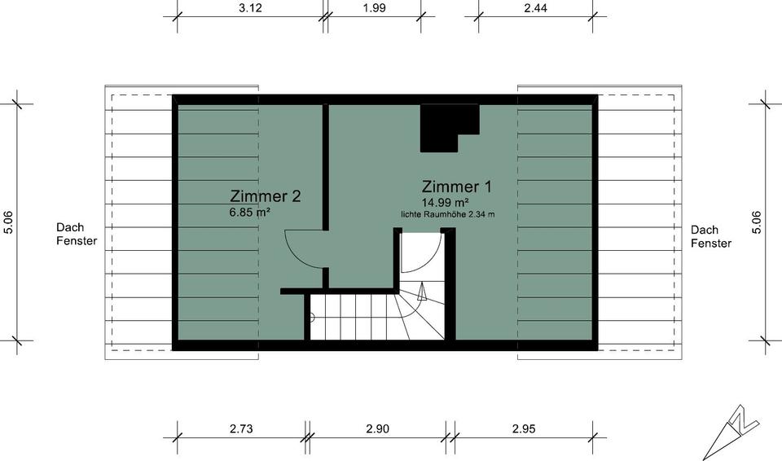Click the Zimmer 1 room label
click(457, 186)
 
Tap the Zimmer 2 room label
click(266, 196)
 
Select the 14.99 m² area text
click(444, 202)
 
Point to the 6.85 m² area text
click(250, 212)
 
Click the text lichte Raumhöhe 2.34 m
click(447, 214)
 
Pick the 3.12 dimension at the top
click(250, 8)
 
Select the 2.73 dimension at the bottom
click(241, 429)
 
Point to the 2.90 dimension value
click(378, 429)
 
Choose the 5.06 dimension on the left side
click(8, 222)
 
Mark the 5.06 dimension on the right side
click(756, 222)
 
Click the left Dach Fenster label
click(77, 235)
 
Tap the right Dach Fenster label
click(711, 236)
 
